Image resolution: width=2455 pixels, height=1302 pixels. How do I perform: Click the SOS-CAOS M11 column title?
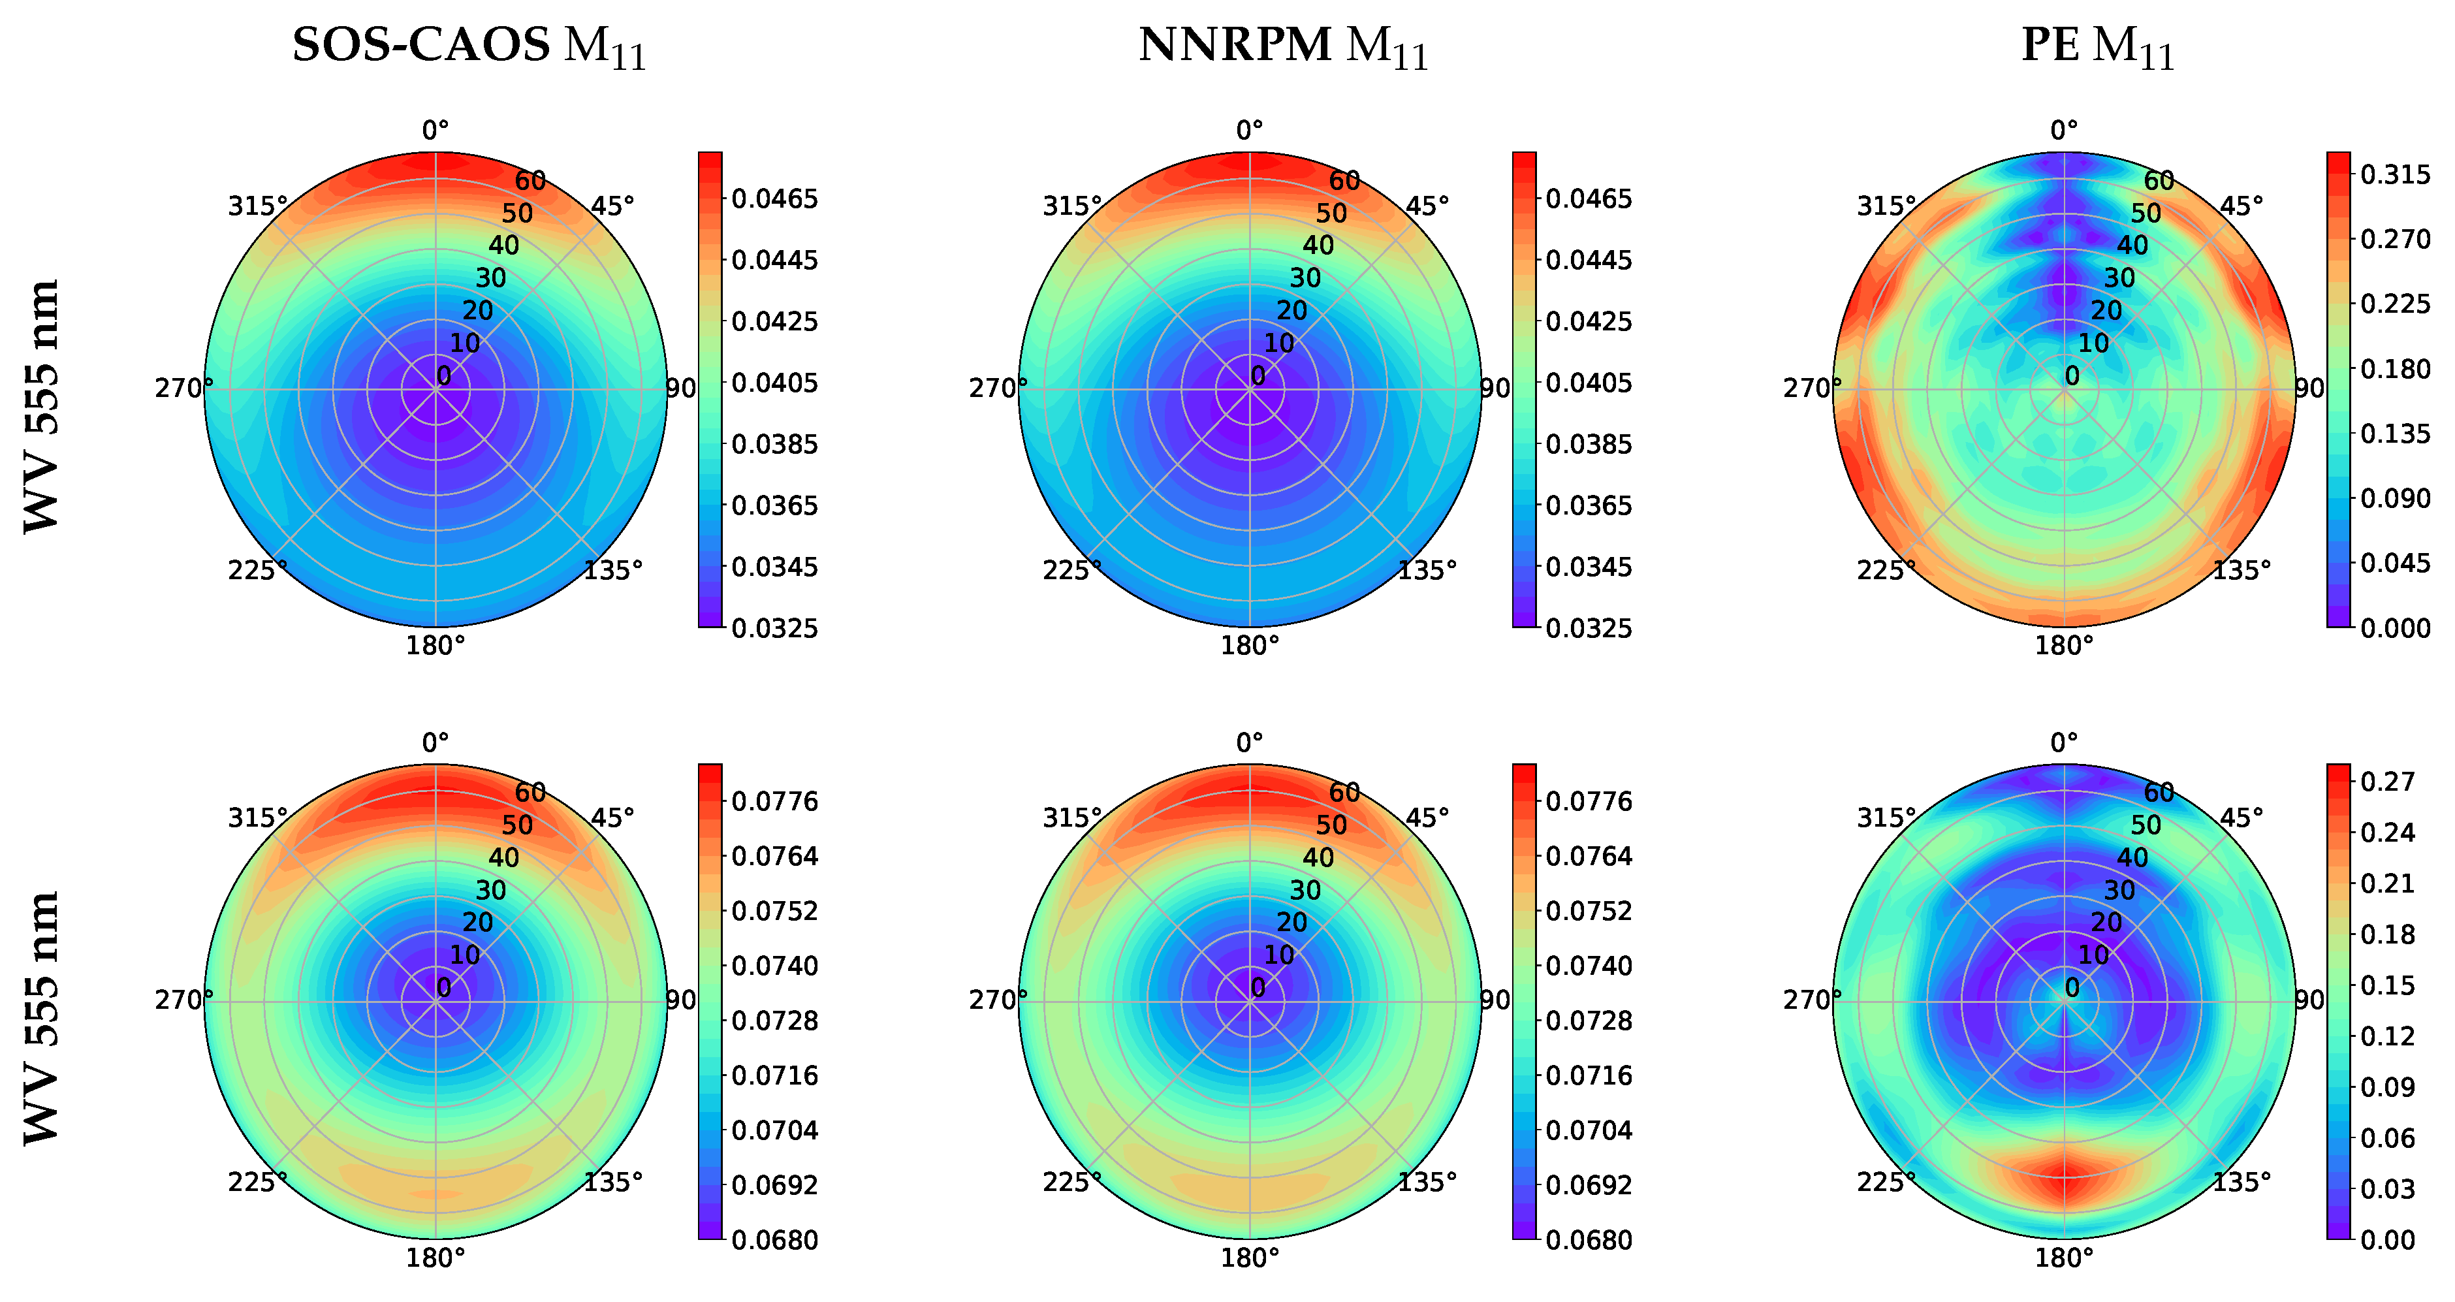click(469, 46)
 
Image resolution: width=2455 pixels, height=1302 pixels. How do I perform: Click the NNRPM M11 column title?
click(1283, 46)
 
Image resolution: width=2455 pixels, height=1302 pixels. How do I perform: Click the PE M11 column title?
click(2098, 46)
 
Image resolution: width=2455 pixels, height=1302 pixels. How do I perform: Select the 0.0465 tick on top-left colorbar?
click(774, 199)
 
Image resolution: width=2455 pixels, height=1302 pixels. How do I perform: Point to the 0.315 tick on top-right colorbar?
click(2395, 174)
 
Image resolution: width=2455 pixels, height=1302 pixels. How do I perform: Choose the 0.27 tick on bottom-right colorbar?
click(2387, 782)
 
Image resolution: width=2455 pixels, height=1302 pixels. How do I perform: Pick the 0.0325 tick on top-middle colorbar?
click(1589, 628)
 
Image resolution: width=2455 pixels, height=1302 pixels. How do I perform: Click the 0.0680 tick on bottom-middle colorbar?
click(1589, 1240)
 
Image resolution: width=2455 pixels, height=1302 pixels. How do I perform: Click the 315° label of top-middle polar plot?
click(1071, 206)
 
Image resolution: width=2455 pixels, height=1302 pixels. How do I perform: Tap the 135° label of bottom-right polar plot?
click(2241, 1182)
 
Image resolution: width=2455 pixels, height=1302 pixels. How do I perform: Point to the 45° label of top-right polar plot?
click(2241, 206)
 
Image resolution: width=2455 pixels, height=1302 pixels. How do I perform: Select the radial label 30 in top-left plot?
click(491, 278)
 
